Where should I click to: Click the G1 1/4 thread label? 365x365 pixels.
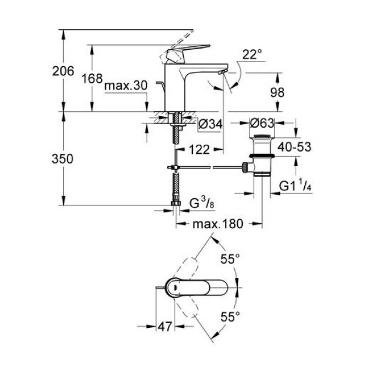click(x=295, y=186)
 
